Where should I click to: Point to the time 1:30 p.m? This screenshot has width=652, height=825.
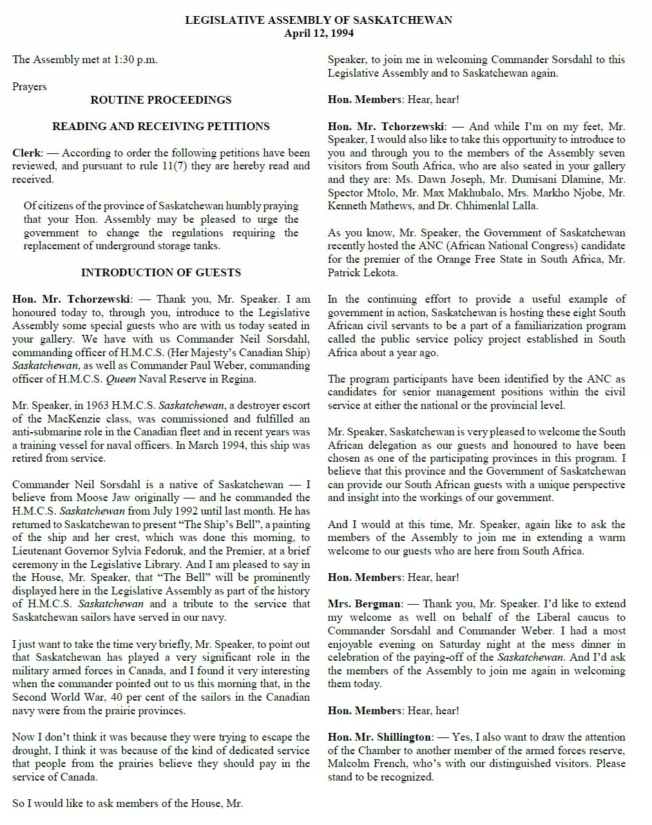coord(135,60)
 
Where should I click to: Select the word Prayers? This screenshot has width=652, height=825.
coord(30,86)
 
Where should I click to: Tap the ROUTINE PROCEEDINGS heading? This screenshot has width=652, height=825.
coord(160,100)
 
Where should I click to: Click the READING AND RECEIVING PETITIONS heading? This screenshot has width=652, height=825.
coord(160,126)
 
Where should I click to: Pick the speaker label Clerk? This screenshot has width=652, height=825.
coord(26,153)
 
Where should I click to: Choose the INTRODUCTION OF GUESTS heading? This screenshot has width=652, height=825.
coord(160,272)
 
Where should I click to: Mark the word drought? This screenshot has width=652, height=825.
coord(30,751)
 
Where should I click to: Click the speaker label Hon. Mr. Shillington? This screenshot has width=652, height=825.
coord(379,737)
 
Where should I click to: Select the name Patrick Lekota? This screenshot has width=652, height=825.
coord(361,272)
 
